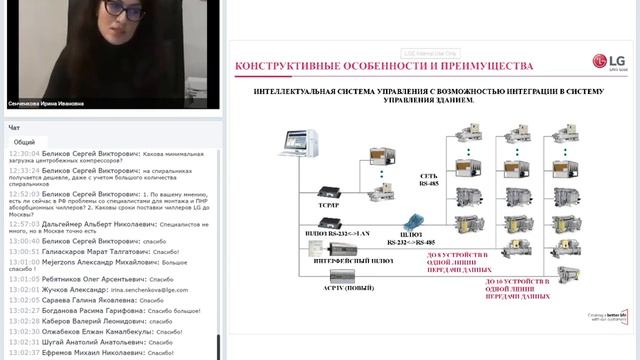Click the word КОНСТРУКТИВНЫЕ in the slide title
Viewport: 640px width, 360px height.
(284, 67)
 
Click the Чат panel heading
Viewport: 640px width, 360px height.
(14, 128)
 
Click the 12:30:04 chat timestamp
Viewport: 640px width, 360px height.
(23, 154)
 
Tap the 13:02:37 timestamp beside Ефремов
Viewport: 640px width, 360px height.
(23, 352)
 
